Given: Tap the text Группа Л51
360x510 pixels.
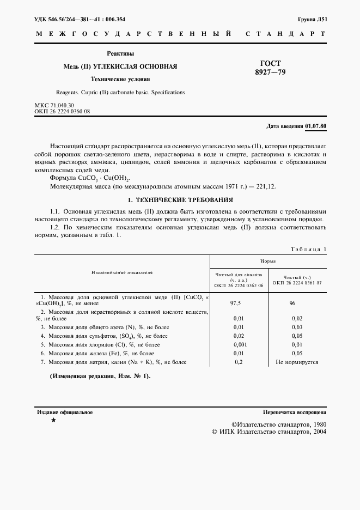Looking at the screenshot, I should click(x=312, y=19).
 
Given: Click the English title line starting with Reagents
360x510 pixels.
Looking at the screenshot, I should click(x=120, y=92).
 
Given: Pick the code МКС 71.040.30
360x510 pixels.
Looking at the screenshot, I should click(x=54, y=105).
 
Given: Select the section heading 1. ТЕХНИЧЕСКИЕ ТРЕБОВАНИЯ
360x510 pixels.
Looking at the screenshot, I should click(x=180, y=199).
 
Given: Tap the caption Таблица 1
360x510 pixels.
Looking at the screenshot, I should click(x=309, y=249).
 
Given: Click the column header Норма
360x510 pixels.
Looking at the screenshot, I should click(x=267, y=261).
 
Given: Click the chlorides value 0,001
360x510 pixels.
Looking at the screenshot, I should click(x=239, y=345).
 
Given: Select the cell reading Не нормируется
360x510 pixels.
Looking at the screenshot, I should click(x=297, y=362).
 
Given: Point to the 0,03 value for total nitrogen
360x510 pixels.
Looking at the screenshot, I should click(x=297, y=327).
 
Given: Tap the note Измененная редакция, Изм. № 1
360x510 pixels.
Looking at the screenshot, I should click(x=100, y=377).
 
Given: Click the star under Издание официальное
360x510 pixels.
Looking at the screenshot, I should click(x=53, y=421).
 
